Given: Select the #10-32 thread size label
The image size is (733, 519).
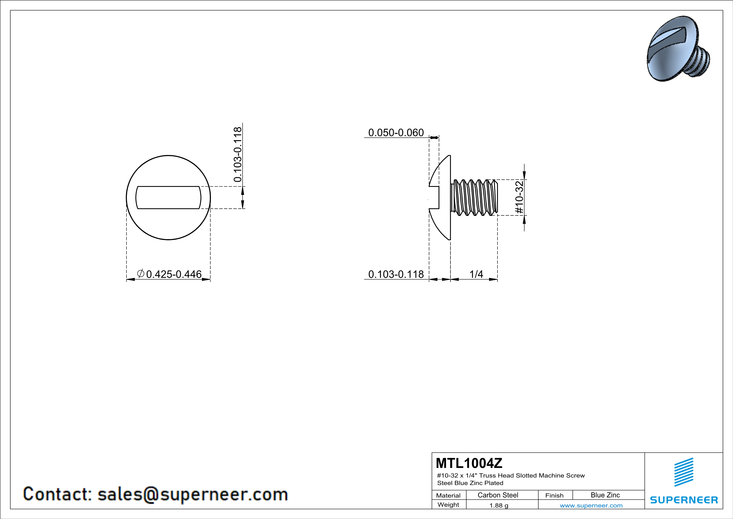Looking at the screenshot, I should click(519, 197).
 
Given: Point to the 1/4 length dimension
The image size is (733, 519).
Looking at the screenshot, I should click(476, 274).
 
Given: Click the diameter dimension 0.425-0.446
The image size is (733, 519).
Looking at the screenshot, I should click(174, 274).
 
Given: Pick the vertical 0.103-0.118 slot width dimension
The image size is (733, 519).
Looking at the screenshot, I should click(237, 155).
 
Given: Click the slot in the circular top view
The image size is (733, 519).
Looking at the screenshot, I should click(168, 198).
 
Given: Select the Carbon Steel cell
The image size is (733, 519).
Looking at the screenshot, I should click(498, 495).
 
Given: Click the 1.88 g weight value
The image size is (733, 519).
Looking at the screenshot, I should click(499, 505).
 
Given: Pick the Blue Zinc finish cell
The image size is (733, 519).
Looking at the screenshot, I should click(605, 495).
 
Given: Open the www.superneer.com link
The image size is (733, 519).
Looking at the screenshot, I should click(591, 505).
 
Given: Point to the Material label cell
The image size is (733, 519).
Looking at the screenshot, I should click(448, 495).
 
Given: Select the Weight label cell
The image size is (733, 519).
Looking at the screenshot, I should click(448, 505).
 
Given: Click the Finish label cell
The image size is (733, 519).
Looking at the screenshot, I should click(554, 495).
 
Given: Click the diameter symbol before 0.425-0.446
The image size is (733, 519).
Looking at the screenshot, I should click(140, 274).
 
